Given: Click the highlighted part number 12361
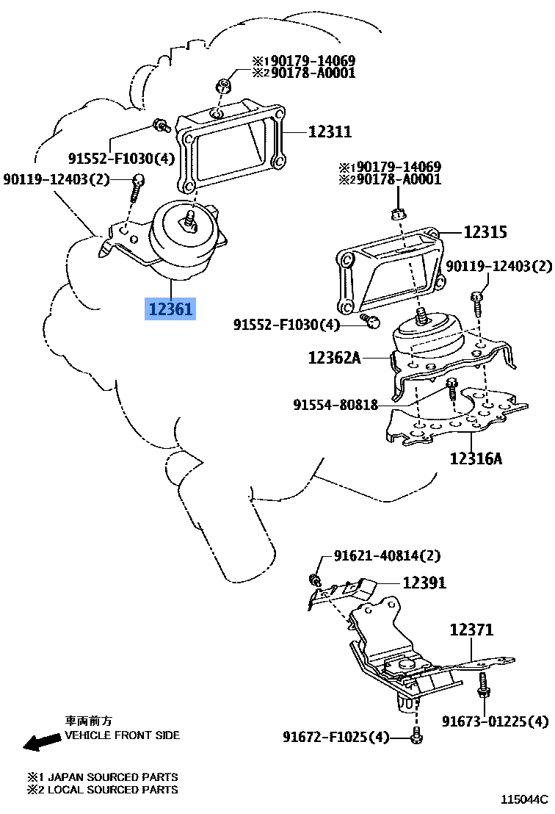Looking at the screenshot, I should pyautogui.click(x=170, y=309).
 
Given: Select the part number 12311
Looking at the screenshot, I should pyautogui.click(x=330, y=132).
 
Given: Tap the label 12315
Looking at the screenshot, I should pyautogui.click(x=485, y=232).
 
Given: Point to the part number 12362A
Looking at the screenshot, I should pyautogui.click(x=335, y=358).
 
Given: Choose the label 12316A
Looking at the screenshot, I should pyautogui.click(x=476, y=459).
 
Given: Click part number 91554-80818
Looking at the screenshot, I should pyautogui.click(x=335, y=405).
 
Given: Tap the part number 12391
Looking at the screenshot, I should pyautogui.click(x=424, y=583).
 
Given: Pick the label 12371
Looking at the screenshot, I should pyautogui.click(x=471, y=630).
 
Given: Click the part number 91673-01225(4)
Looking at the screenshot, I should pyautogui.click(x=495, y=721).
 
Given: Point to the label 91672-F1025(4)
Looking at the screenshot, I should pyautogui.click(x=336, y=736).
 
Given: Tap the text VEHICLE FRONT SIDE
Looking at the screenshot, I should pyautogui.click(x=122, y=735).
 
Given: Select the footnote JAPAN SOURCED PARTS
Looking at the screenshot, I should pyautogui.click(x=103, y=777).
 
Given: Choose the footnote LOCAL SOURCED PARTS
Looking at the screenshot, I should pyautogui.click(x=103, y=790).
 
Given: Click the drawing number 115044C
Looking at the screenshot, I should pyautogui.click(x=524, y=799).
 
